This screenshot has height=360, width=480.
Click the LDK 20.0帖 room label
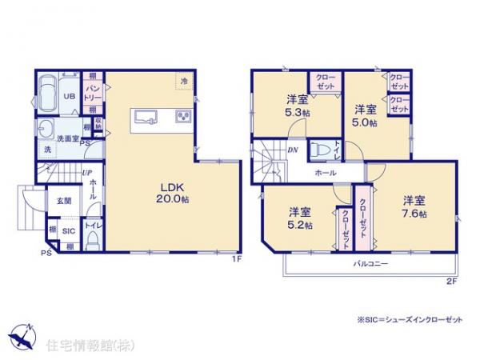[x=171, y=192]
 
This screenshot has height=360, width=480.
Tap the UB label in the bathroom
[x=70, y=96]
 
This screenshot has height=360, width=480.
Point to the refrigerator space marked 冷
[x=184, y=81]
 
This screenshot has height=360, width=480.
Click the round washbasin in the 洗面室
[x=46, y=130]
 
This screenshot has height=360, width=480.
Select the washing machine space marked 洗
[x=46, y=150]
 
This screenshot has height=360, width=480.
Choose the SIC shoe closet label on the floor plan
[x=69, y=230]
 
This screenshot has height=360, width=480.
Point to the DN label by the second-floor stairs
[x=293, y=148]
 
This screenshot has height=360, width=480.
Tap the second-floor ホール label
[x=325, y=173]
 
